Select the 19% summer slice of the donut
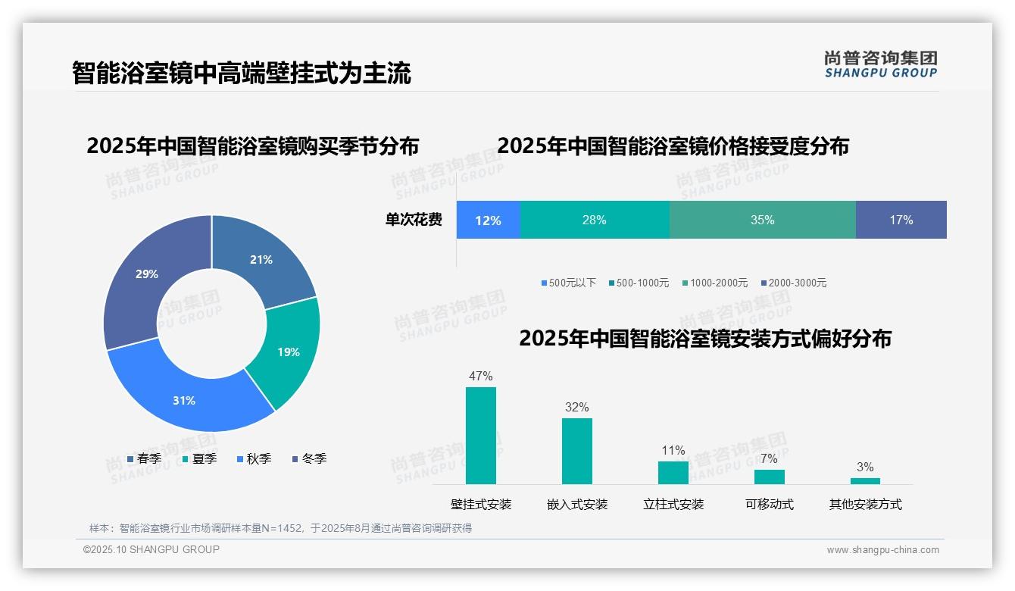(x=286, y=352)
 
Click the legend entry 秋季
(x=254, y=459)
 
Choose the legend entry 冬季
(x=309, y=459)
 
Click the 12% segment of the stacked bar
(x=488, y=220)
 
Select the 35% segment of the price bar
(x=762, y=220)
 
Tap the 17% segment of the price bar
(x=901, y=220)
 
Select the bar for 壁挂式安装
(x=480, y=436)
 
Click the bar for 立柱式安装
(x=673, y=472)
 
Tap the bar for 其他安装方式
(x=865, y=480)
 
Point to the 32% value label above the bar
(x=576, y=408)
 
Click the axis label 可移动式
(x=769, y=505)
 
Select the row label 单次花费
(x=414, y=220)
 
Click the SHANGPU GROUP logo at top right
(x=880, y=64)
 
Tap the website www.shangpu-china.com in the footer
(x=882, y=550)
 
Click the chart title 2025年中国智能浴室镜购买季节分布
(x=252, y=146)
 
